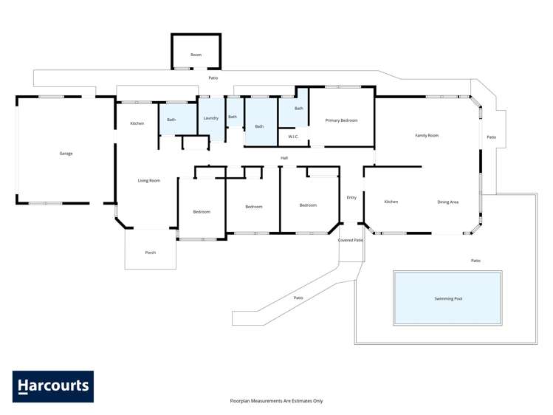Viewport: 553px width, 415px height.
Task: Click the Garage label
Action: point(66,154)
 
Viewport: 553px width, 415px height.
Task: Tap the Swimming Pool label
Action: point(448,299)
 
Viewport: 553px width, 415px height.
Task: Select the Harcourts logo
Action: point(53,386)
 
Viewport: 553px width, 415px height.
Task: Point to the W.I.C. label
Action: point(293,137)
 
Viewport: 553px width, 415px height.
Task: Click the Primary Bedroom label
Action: point(341,120)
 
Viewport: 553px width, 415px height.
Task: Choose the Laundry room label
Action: point(210,117)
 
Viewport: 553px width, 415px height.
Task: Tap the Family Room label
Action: point(427,135)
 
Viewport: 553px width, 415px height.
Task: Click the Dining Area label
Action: point(448,202)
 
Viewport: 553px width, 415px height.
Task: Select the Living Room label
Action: point(149,180)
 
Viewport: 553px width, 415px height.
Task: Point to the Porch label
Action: point(150,253)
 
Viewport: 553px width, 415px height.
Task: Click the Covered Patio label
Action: point(351,240)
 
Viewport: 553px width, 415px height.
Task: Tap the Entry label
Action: point(351,197)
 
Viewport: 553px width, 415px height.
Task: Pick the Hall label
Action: point(284,158)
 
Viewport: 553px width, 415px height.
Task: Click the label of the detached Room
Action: point(196,55)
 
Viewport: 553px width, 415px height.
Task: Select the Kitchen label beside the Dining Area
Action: point(391,202)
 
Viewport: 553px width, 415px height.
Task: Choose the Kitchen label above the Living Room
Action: point(137,123)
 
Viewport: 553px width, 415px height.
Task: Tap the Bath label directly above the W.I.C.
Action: point(298,109)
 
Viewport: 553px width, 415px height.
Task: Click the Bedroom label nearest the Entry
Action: point(308,205)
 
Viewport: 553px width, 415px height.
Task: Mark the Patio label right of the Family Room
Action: point(491,137)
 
